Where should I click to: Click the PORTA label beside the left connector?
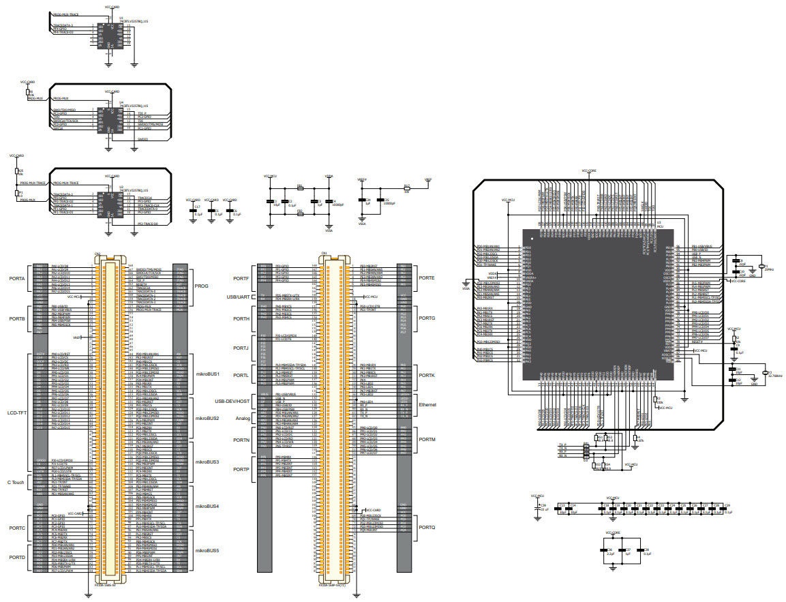coord(17,278)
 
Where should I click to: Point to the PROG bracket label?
coord(202,286)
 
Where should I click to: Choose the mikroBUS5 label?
coord(207,550)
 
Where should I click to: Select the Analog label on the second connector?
coord(243,418)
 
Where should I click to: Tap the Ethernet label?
coord(427,404)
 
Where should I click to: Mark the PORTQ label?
coord(427,528)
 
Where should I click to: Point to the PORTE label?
coord(427,278)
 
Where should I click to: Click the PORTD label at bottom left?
coord(17,558)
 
